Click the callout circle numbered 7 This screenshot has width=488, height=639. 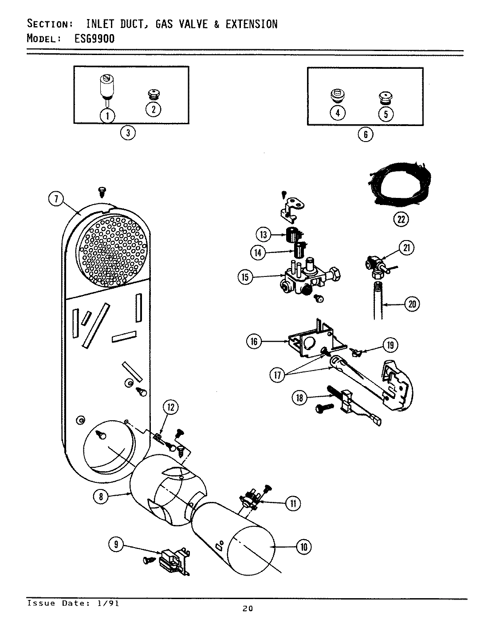point(56,199)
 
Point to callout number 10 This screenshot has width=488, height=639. point(303,547)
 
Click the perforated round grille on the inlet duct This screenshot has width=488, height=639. point(112,252)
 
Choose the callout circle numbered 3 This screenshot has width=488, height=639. point(128,133)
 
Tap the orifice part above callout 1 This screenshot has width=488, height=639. point(106,87)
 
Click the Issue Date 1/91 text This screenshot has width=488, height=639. point(73,603)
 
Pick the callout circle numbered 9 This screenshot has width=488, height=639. point(116,544)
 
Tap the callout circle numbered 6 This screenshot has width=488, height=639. point(365,134)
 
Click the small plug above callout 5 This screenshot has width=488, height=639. point(385,96)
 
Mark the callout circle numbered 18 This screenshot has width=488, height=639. point(299,398)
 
